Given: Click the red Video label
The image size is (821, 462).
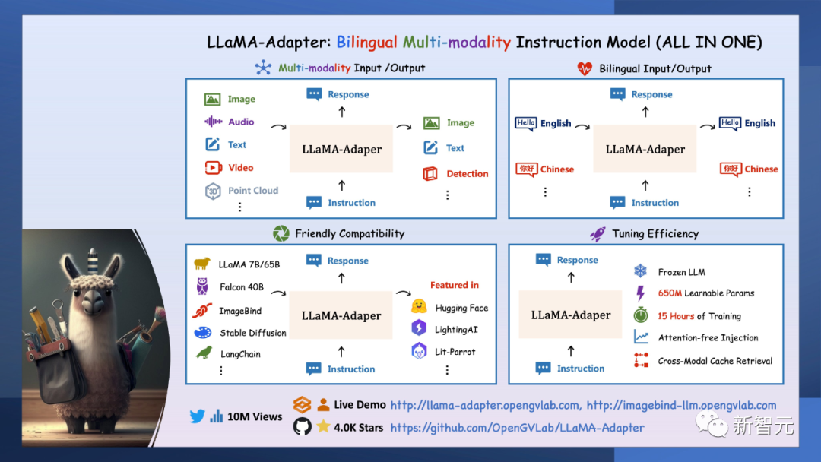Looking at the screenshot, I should [241, 168].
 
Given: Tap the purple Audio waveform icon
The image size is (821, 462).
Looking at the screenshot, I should [213, 122].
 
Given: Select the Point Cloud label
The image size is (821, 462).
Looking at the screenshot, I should [253, 191].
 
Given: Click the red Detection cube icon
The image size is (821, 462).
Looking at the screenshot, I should [431, 174].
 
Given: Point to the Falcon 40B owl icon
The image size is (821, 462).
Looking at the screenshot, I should [203, 286].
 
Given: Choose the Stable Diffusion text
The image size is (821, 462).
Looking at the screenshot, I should [253, 333].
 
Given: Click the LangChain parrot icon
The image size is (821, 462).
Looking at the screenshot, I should [204, 353].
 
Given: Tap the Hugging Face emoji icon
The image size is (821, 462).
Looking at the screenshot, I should [419, 307].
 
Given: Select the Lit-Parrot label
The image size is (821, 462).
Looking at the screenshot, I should [455, 352].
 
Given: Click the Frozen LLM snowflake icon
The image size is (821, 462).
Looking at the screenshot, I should [640, 271].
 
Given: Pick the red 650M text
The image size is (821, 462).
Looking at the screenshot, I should [670, 293].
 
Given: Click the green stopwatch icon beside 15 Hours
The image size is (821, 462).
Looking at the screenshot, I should [641, 315].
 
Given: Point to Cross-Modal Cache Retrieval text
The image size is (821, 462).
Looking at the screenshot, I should [715, 361].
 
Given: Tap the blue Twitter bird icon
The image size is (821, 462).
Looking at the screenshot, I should [198, 416].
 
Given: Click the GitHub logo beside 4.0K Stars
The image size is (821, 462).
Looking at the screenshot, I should [302, 427].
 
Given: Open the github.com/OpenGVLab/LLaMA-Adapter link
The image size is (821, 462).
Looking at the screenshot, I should [517, 428].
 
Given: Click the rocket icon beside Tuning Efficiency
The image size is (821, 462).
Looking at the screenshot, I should [598, 234].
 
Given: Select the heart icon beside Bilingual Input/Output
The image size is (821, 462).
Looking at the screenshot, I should [585, 68].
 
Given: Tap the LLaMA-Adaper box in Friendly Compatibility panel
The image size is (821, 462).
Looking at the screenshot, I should [341, 315].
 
